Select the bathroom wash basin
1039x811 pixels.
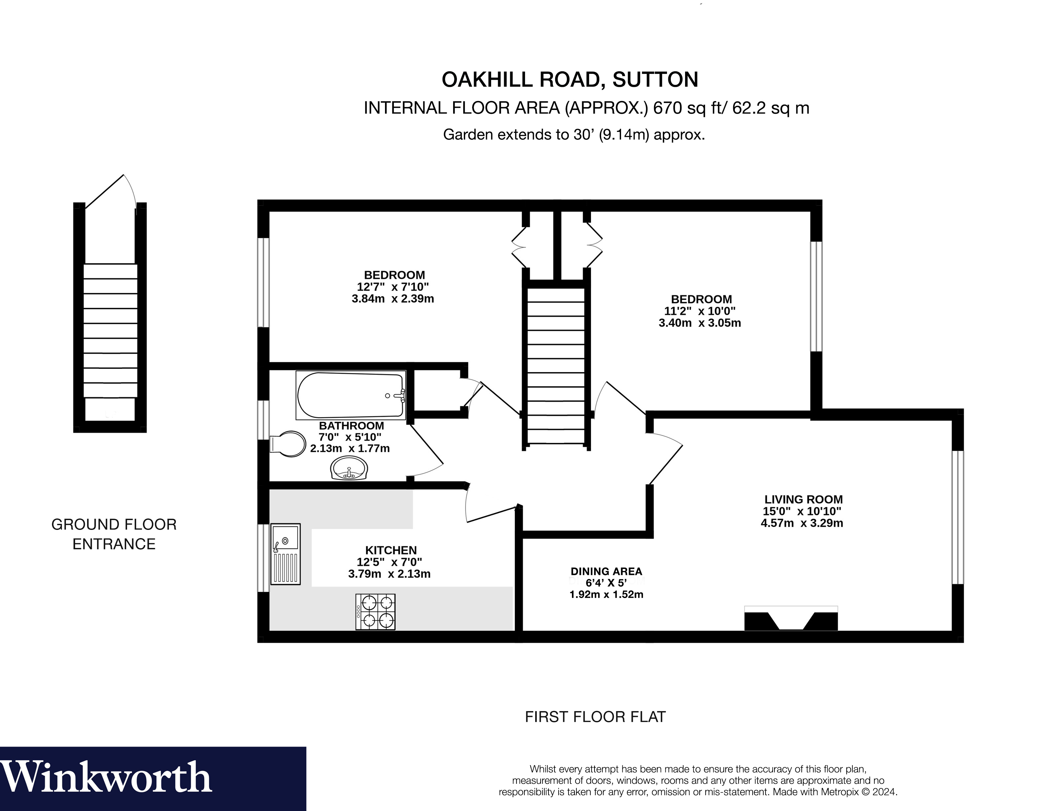click(349, 469)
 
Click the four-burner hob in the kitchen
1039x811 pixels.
click(375, 612)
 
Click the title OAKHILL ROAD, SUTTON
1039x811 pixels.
click(569, 80)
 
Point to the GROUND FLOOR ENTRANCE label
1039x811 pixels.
click(114, 534)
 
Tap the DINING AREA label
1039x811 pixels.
click(606, 571)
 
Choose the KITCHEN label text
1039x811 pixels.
click(391, 550)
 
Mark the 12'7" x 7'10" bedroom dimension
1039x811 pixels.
click(393, 287)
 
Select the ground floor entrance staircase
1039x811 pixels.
click(110, 331)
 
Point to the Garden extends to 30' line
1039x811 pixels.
click(573, 135)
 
